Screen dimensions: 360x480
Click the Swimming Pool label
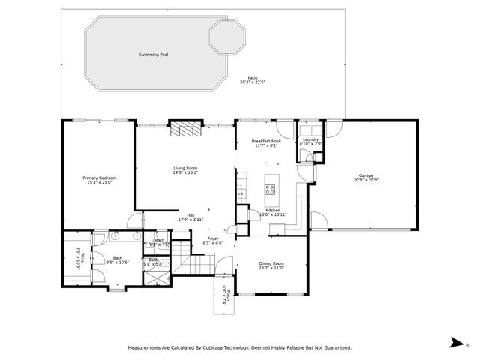(153, 55)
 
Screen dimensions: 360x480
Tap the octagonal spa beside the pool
(226, 37)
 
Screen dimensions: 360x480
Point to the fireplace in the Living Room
(184, 130)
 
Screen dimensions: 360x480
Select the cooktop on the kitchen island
(271, 188)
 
